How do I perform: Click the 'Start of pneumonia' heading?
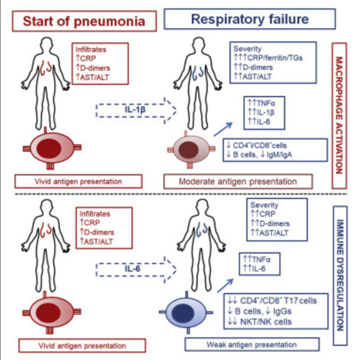84,21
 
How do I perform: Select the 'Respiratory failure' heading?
250,19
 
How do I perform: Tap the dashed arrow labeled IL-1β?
136,111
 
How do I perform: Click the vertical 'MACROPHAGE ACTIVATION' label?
339,116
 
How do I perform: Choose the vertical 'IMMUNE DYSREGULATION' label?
340,275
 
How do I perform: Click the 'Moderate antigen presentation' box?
238,182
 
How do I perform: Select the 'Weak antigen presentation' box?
252,344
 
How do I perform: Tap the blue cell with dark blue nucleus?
186,312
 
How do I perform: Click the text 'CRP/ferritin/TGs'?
275,58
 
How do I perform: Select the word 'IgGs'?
282,311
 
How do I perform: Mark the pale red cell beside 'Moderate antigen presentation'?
191,150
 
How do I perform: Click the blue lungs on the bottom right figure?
202,231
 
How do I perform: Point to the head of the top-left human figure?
47,44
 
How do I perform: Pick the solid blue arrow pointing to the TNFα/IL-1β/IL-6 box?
223,129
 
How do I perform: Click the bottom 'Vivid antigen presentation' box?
82,345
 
